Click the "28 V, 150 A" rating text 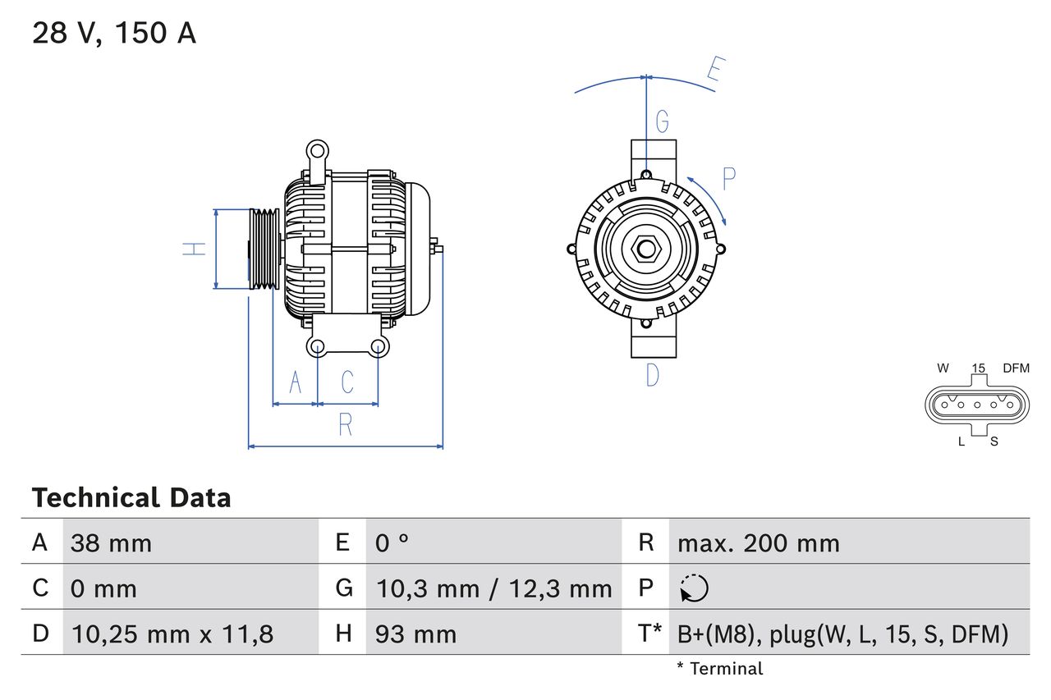click(114, 34)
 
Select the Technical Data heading click(131, 497)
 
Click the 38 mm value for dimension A click(111, 543)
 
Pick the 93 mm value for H click(415, 634)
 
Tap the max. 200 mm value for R click(758, 543)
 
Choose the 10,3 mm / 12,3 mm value click(493, 588)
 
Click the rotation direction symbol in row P click(694, 588)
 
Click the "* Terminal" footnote click(719, 669)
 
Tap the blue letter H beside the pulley click(194, 249)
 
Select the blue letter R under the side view click(345, 425)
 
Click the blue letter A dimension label click(295, 382)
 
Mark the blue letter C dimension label click(347, 382)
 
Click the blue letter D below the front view click(652, 375)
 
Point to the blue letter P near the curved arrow click(728, 179)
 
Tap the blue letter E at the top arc click(714, 73)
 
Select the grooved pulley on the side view click(264, 249)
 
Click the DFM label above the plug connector click(1015, 368)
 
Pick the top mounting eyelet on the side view click(316, 150)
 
